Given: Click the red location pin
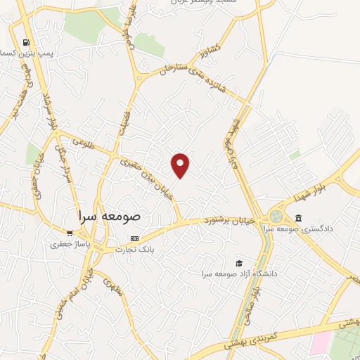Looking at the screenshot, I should (x=181, y=165).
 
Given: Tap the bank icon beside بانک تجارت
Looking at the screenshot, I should (x=135, y=239).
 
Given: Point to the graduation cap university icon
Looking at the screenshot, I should (x=239, y=262).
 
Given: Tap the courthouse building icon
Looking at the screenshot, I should (x=299, y=218).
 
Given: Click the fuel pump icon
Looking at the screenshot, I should (x=26, y=42).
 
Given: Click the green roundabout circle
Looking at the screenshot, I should (x=276, y=216).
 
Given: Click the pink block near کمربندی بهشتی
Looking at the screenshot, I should (x=320, y=344).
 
